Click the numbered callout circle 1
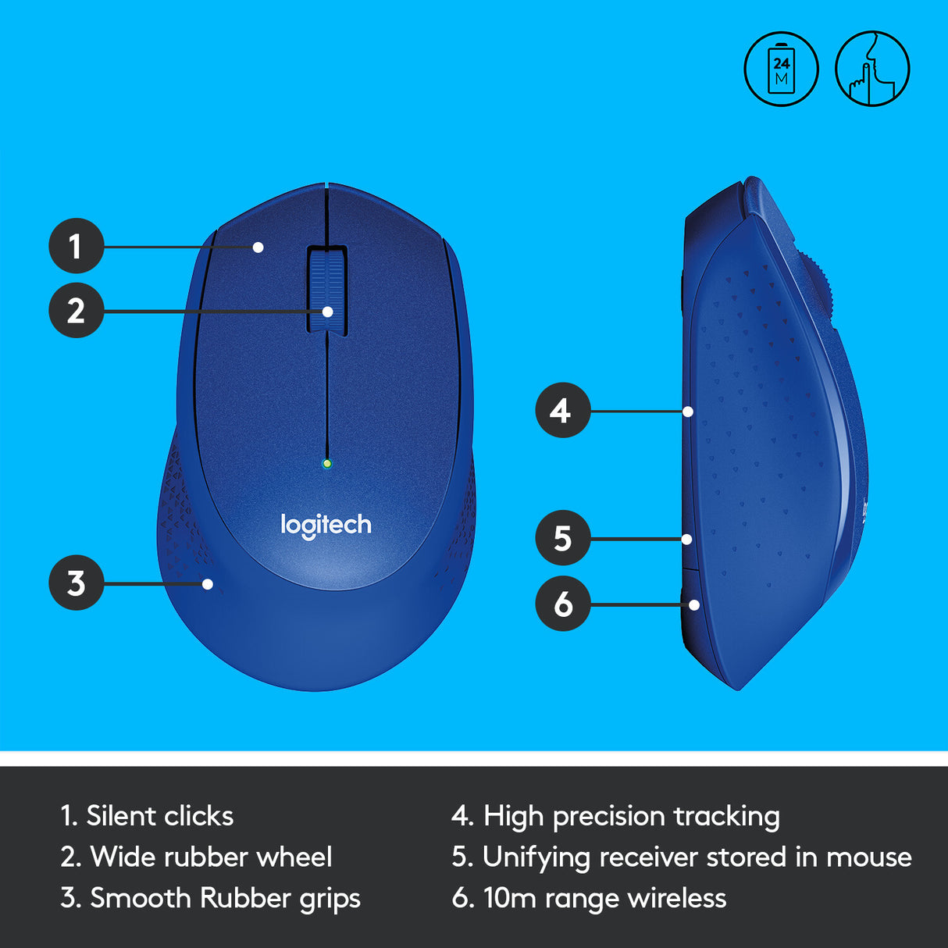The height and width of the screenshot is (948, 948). coord(76,246)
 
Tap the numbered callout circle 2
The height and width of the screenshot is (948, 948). coord(76,311)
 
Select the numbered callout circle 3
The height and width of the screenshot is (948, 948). coord(76,583)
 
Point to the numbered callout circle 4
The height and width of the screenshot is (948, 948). coord(562,410)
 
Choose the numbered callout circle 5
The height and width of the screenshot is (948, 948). coord(562,538)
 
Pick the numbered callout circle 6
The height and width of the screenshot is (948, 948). coord(562,604)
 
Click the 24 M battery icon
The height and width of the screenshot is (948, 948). coord(781,69)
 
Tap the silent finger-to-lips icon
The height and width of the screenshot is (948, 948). coord(872,69)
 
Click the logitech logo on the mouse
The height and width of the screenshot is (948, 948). coord(326,525)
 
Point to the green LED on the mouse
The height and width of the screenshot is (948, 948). coord(327,463)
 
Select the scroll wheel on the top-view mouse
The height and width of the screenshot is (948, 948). coord(327,290)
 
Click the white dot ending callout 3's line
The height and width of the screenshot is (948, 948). coord(208,583)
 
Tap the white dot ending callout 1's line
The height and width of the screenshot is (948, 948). coord(258,248)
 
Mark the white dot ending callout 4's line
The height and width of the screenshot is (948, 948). coord(688,411)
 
